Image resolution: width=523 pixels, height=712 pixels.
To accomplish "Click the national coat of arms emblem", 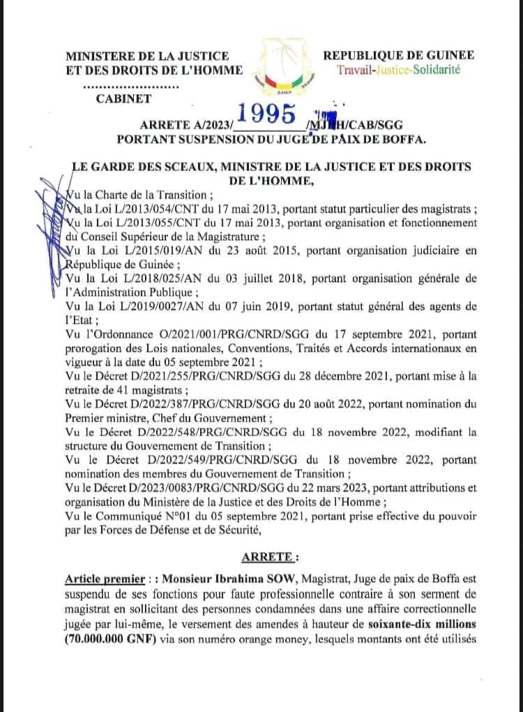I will [284, 67].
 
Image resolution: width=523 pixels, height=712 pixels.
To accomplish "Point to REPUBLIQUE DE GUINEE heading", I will [398, 55].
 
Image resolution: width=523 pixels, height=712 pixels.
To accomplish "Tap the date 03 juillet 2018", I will [259, 279].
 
